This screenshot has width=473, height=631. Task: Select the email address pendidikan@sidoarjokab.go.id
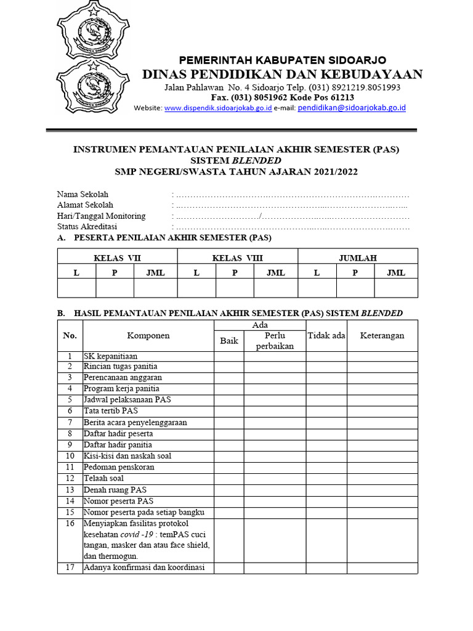352,107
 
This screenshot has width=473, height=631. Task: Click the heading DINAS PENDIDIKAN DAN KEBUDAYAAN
283,75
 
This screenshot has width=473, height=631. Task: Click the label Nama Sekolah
83,194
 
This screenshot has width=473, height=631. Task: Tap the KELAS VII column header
117,258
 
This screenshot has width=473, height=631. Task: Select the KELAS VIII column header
237,258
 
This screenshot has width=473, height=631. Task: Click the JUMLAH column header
358,258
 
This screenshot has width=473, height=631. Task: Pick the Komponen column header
148,336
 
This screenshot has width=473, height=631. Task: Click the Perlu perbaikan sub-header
275,341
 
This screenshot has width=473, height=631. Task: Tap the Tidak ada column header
326,336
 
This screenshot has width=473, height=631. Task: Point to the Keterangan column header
382,336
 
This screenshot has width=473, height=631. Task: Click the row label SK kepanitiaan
111,356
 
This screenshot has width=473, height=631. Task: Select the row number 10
70,456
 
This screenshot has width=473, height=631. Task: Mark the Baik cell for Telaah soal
229,478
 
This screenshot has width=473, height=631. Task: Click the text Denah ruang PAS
115,490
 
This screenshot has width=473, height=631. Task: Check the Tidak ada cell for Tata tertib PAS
326,411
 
